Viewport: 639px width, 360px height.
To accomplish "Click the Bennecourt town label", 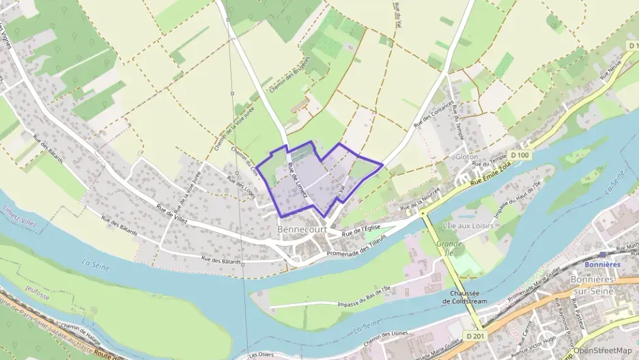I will coord(302,230).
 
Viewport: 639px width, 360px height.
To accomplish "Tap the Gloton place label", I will coord(466,156).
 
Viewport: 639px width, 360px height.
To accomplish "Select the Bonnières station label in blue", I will coord(603,264).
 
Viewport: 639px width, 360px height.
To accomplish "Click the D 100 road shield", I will coord(520,155).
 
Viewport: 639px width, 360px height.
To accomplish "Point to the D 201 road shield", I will coord(476,336).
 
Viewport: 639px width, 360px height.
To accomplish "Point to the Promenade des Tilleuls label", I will coord(356,245).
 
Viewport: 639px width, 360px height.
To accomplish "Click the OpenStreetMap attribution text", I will coord(601,350).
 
